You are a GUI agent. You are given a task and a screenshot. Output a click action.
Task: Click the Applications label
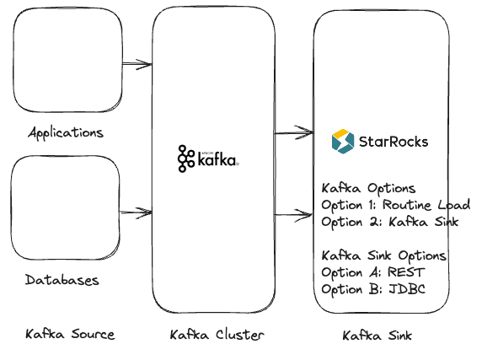coord(66,133)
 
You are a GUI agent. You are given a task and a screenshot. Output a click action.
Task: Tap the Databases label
coord(62,280)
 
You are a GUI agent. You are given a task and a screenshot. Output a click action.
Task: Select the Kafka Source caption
coord(70,335)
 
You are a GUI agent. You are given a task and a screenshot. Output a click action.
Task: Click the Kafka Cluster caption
coord(217,335)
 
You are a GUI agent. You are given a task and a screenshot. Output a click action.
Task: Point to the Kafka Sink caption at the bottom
coord(377,336)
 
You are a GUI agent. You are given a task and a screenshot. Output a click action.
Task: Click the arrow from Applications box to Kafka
coord(137,64)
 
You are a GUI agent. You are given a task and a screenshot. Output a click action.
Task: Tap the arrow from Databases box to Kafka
coord(137,211)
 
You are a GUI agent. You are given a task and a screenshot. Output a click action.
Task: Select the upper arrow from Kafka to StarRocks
coord(293,132)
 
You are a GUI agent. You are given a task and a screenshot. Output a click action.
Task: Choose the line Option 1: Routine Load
coord(395,205)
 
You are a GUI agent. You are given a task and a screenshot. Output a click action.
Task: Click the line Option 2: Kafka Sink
coord(389,222)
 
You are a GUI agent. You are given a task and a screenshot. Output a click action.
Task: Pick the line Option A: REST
coord(373,272)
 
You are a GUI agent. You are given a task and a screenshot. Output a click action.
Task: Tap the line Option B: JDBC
coord(373,289)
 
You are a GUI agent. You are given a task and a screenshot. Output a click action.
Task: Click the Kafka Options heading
coord(369,188)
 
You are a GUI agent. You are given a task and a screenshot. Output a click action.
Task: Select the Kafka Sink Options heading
coord(384,255)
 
